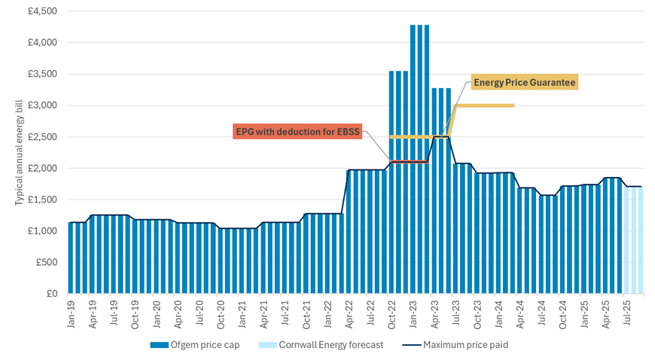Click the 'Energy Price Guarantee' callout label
click(x=523, y=83)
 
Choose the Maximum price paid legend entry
click(x=460, y=346)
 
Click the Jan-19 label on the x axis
click(x=72, y=313)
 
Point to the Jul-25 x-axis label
click(x=626, y=313)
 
